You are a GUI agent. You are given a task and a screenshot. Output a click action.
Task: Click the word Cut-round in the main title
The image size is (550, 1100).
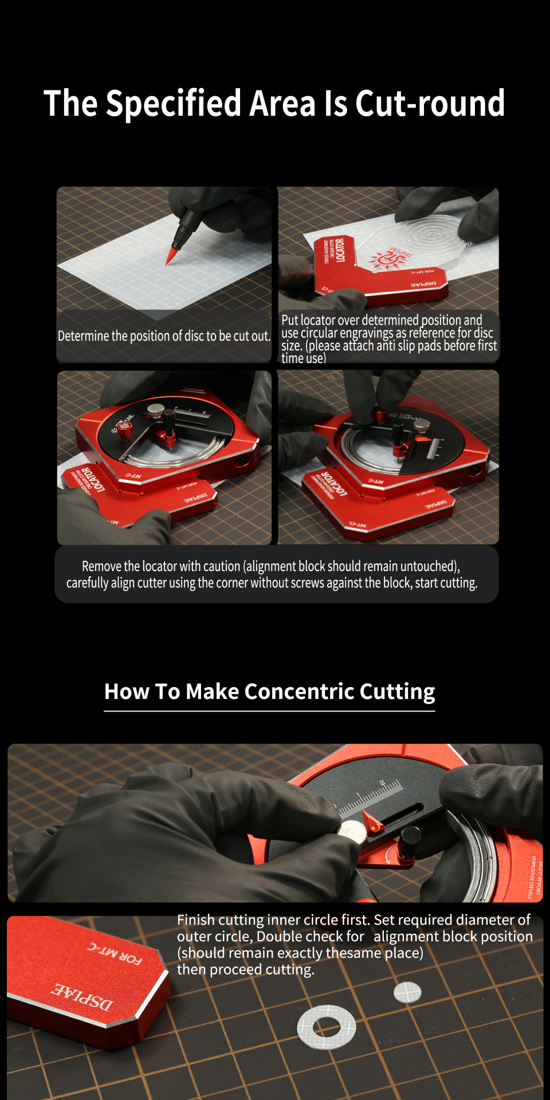430,104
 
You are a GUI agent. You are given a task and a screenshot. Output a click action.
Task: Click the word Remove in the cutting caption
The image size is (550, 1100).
101,567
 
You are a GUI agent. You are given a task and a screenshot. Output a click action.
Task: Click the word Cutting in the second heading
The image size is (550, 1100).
398,692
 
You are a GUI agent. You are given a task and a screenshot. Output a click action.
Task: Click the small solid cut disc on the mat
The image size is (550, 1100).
407,992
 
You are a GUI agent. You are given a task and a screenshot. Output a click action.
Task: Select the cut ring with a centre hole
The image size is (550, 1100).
327,1028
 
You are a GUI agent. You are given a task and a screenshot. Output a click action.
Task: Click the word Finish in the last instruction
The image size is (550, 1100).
196,920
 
